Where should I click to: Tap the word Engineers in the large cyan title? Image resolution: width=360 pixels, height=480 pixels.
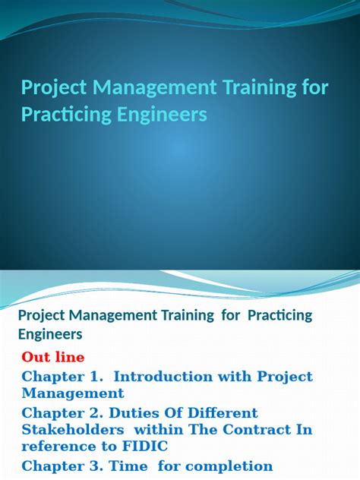(163, 115)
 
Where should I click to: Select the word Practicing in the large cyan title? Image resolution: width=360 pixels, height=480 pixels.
(66, 115)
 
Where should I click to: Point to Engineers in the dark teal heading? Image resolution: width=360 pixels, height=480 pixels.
(50, 334)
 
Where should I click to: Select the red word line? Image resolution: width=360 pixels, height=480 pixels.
(72, 357)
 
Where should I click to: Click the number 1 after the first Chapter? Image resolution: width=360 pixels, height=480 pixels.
(97, 377)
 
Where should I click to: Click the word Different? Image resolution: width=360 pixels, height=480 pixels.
(223, 413)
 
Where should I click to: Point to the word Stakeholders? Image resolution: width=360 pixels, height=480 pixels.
(73, 429)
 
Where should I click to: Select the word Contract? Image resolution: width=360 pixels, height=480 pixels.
(257, 429)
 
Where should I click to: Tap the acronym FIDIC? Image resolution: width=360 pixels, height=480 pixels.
(145, 446)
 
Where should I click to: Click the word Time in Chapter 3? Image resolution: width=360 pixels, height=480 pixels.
(128, 466)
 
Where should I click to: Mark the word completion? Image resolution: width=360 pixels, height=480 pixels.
(229, 467)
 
